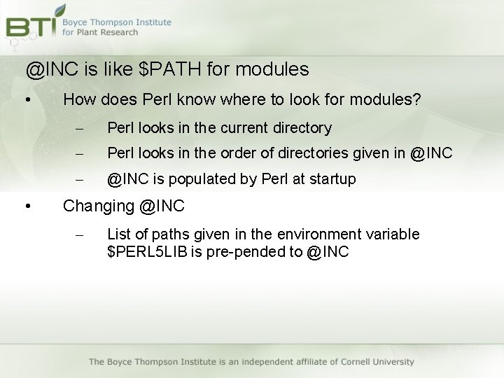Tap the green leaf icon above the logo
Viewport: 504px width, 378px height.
click(60, 10)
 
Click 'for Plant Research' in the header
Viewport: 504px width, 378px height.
click(100, 32)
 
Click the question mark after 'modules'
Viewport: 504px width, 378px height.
click(417, 100)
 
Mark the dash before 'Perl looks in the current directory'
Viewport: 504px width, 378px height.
click(79, 128)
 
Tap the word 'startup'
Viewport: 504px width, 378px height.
click(330, 179)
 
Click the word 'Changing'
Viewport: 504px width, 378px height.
click(98, 206)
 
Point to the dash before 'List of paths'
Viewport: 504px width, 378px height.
click(79, 234)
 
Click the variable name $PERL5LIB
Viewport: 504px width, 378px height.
click(146, 251)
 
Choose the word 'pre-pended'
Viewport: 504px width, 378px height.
click(250, 251)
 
